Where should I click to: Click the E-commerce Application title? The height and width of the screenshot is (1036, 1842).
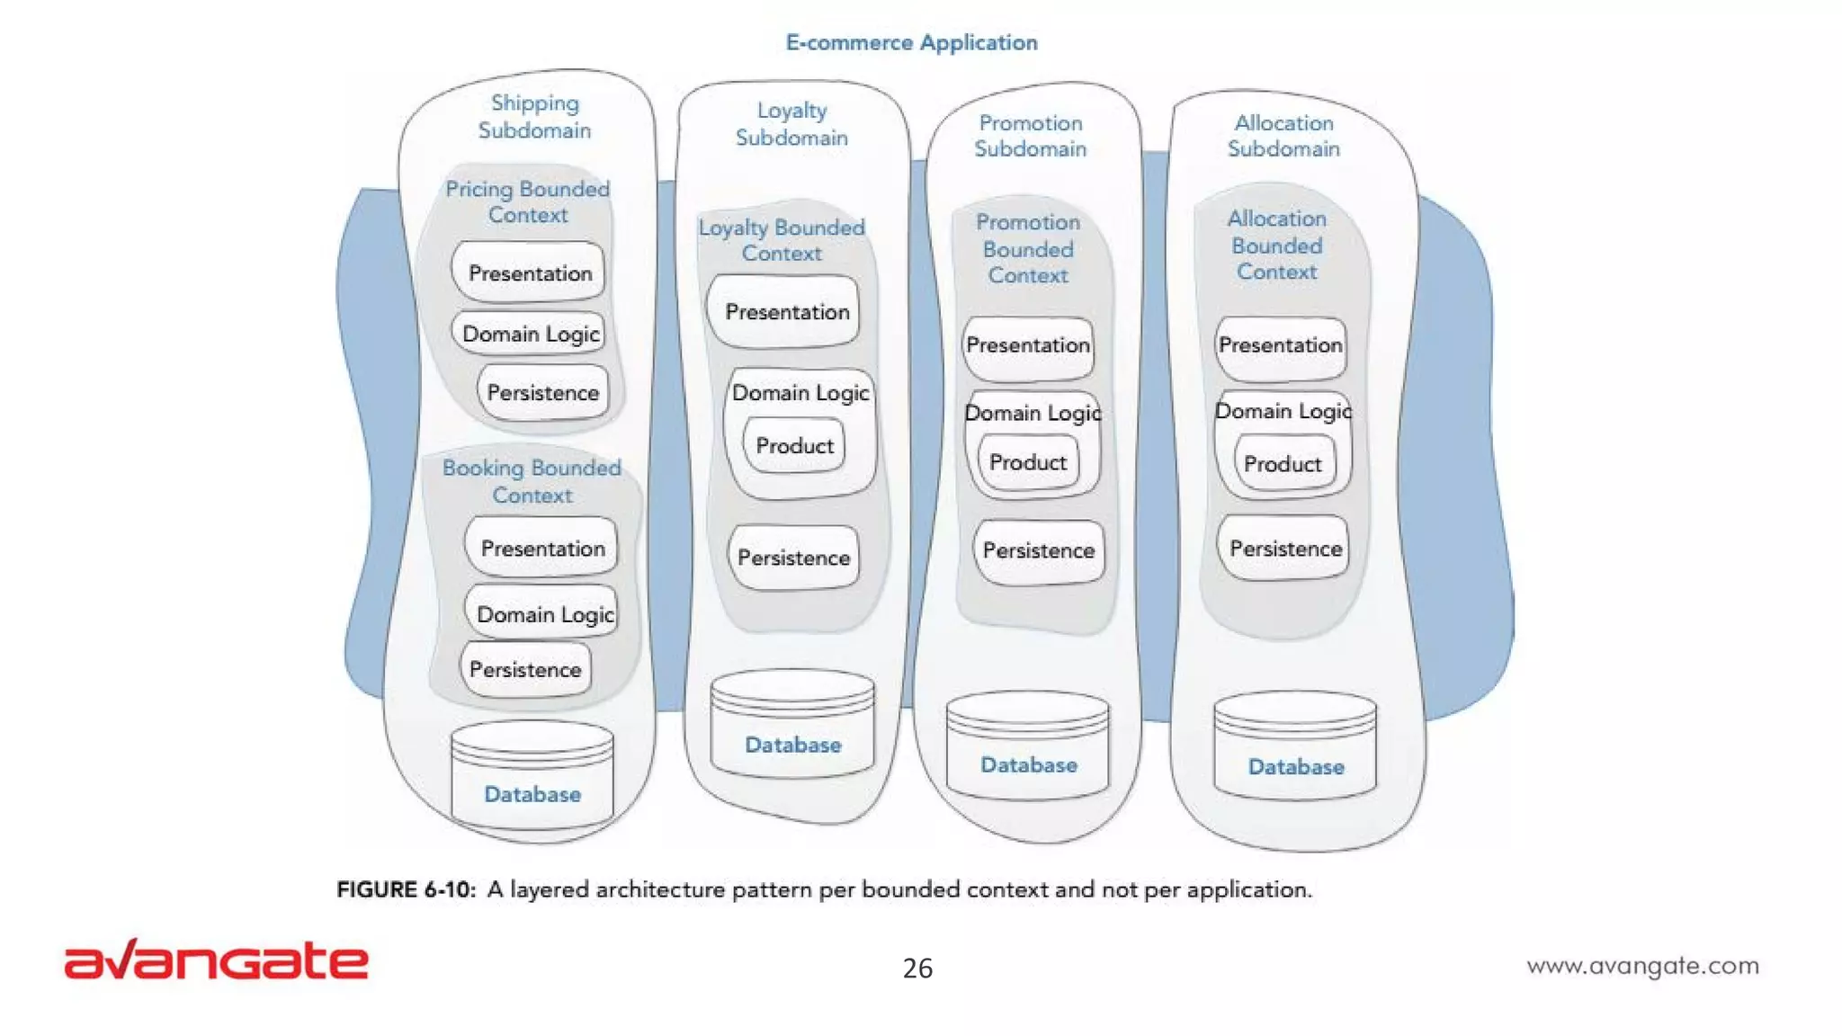pyautogui.click(x=911, y=42)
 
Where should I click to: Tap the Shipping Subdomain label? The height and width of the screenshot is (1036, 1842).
pyautogui.click(x=534, y=117)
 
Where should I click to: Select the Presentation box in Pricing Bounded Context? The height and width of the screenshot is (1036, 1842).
pyautogui.click(x=529, y=272)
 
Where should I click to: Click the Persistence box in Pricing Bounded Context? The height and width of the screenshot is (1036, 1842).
pyautogui.click(x=542, y=392)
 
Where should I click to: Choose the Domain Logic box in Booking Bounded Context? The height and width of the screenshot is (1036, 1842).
pyautogui.click(x=543, y=613)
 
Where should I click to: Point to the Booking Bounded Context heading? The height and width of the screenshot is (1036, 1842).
pyautogui.click(x=532, y=481)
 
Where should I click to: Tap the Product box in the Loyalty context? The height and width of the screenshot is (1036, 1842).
pyautogui.click(x=794, y=445)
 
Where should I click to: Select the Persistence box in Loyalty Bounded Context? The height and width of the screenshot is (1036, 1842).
pyautogui.click(x=793, y=558)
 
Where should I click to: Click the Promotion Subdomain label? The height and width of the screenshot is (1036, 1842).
pyautogui.click(x=1030, y=136)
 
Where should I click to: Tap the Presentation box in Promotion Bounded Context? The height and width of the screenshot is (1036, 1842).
pyautogui.click(x=1028, y=345)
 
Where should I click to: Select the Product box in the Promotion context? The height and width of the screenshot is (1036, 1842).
pyautogui.click(x=1028, y=462)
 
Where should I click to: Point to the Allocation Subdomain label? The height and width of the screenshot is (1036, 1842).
pyautogui.click(x=1283, y=136)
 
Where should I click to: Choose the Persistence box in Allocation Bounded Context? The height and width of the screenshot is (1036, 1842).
pyautogui.click(x=1284, y=549)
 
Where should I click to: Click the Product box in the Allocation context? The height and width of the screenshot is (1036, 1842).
pyautogui.click(x=1283, y=464)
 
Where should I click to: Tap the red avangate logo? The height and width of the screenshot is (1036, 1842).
pyautogui.click(x=217, y=960)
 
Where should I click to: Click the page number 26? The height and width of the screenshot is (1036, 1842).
pyautogui.click(x=917, y=968)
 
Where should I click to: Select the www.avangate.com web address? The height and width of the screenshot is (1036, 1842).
pyautogui.click(x=1642, y=966)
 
